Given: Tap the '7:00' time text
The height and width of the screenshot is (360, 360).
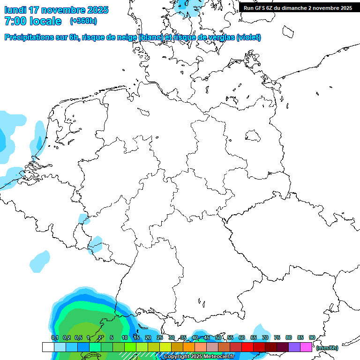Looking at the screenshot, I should [x=15, y=21].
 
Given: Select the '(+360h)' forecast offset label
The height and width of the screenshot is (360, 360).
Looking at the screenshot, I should [x=83, y=21].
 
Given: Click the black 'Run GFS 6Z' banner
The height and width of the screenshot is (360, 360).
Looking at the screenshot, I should [x=298, y=7].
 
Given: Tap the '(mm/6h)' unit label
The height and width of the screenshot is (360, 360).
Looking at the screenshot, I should [x=327, y=348].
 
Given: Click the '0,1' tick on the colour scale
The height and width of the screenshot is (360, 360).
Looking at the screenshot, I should [x=54, y=337].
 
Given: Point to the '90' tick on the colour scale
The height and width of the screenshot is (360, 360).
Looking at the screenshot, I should [x=312, y=337].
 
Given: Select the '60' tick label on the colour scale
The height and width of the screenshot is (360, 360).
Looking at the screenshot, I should [x=241, y=337].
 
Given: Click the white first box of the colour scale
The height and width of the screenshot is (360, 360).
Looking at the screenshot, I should [x=48, y=347].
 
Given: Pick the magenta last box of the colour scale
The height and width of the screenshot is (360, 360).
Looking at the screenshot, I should [x=306, y=347].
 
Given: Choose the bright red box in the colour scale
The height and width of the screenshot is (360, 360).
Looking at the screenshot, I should [x=247, y=347].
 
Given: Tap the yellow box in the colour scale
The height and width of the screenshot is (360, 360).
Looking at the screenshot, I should [x=165, y=347].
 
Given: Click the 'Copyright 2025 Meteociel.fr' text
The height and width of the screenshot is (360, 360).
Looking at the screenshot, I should [x=199, y=357].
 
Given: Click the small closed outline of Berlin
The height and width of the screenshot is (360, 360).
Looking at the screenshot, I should [x=253, y=136].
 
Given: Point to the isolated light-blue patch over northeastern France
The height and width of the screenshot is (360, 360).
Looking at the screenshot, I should [x=39, y=261].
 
